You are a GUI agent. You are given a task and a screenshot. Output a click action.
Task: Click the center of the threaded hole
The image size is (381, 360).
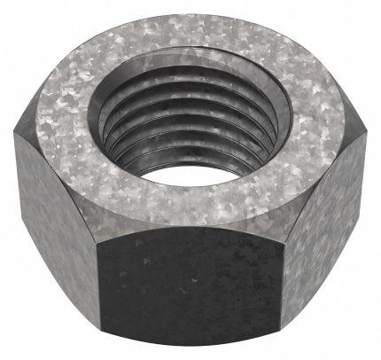click(189, 120)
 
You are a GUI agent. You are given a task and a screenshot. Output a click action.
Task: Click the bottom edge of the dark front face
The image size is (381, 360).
click(193, 349)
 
